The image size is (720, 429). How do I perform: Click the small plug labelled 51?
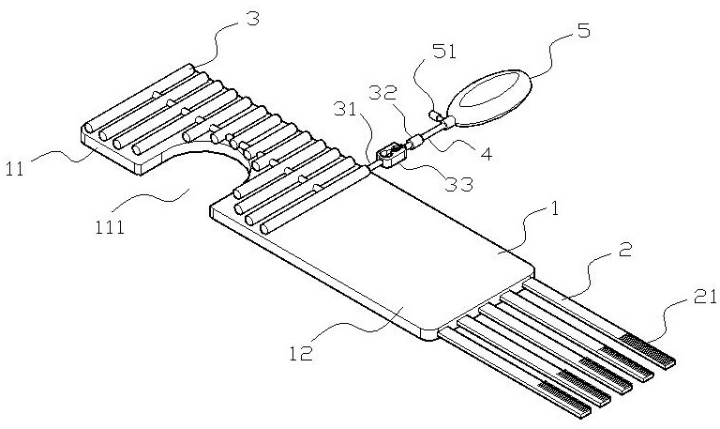click(x=436, y=117)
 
